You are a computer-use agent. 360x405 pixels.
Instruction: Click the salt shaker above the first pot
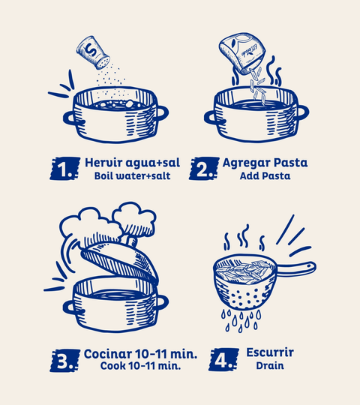(93, 53)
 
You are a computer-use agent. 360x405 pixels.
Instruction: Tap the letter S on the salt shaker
(91, 50)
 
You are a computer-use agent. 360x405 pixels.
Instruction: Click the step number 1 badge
(64, 169)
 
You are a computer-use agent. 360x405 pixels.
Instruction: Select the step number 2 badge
(204, 169)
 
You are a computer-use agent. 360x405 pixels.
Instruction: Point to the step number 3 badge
(64, 360)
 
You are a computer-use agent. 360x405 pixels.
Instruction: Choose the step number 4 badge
(223, 359)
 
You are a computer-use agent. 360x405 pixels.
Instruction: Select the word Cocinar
(108, 354)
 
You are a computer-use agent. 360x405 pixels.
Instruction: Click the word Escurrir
(270, 352)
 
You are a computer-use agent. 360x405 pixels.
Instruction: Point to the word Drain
(270, 366)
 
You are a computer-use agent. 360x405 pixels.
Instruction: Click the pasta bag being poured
(242, 53)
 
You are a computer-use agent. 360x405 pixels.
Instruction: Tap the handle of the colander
(295, 268)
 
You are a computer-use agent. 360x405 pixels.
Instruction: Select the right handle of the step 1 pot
(162, 113)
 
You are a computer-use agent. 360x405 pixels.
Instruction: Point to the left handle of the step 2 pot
(211, 118)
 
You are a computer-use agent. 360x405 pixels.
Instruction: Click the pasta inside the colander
(244, 271)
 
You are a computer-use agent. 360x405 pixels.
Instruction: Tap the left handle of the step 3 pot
(70, 307)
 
